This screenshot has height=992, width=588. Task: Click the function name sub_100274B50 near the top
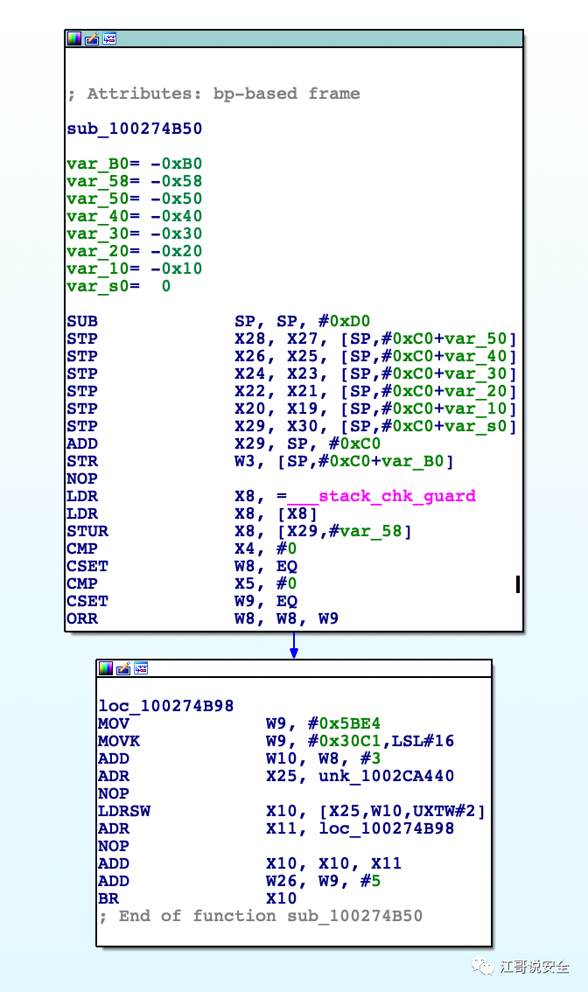(x=134, y=129)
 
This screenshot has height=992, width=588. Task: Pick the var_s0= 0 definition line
(x=119, y=286)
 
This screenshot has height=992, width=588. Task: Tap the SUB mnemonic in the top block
(x=82, y=321)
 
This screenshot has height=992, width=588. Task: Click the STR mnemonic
(x=82, y=461)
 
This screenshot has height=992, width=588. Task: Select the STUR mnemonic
(x=87, y=531)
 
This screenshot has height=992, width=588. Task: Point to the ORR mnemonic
(x=82, y=618)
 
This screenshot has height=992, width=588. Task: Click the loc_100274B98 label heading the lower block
(x=165, y=706)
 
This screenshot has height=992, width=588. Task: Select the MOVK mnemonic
(x=119, y=741)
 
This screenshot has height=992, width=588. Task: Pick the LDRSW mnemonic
(x=124, y=811)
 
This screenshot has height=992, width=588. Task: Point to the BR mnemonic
(x=108, y=898)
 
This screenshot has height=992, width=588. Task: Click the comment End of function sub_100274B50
(x=260, y=916)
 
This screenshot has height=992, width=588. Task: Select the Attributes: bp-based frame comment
(x=213, y=94)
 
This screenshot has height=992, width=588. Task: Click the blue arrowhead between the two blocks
(x=294, y=653)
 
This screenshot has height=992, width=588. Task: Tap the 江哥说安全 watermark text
(x=533, y=967)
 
